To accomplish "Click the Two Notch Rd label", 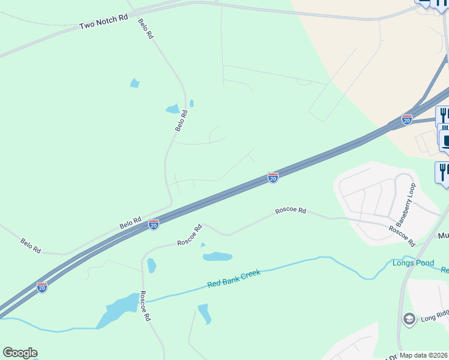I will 104,23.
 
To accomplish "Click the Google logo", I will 20,352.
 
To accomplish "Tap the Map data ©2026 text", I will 424,355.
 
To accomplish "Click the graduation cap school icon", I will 409,318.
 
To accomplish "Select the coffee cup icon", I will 445,141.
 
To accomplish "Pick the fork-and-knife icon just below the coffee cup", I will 442,172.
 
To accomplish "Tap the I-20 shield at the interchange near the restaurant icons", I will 407,119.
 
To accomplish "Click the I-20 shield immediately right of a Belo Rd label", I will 154,224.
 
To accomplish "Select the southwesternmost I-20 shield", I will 42,287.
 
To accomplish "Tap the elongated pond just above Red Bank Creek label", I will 217,257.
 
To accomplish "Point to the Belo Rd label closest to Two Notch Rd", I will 146,29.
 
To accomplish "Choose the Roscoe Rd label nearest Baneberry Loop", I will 402,236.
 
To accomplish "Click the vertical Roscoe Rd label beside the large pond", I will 145,306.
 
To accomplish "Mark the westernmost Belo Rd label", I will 31,245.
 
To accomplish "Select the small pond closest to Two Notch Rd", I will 134,83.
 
